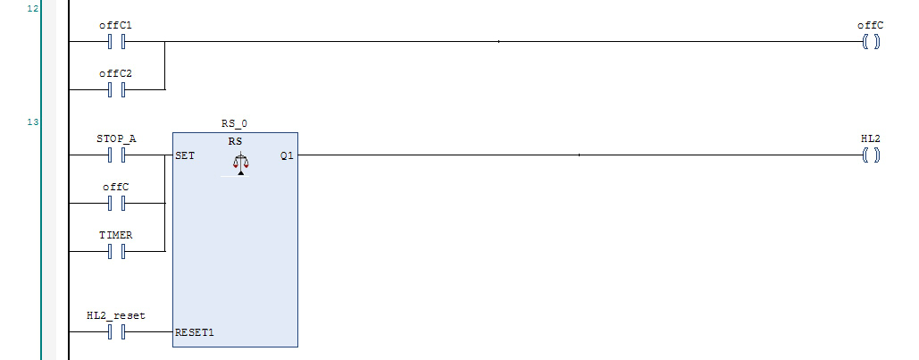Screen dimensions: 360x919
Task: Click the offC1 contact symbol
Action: [x=115, y=41]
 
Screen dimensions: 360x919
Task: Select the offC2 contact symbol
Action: [x=115, y=89]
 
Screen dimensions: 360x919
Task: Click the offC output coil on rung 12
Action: [x=871, y=41]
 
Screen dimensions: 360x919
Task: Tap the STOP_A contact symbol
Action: [x=115, y=155]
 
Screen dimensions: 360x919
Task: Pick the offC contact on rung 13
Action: [x=115, y=204]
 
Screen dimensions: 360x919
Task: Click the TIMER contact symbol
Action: [x=115, y=252]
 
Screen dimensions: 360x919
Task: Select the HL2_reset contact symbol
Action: [x=115, y=332]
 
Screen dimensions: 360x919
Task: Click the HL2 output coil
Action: [x=871, y=155]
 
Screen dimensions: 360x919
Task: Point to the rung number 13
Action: [x=33, y=121]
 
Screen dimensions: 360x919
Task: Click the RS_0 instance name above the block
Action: [x=235, y=122]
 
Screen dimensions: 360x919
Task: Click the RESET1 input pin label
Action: [x=195, y=332]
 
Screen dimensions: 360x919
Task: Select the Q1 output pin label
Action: [x=287, y=155]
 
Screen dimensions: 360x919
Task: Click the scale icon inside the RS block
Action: [x=238, y=164]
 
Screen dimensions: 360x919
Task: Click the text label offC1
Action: [x=115, y=25]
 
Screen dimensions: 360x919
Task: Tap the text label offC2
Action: [x=115, y=73]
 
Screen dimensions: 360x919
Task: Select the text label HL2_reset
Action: [x=115, y=315]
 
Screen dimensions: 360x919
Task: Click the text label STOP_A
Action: [x=115, y=139]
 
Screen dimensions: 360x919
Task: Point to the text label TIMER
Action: [x=115, y=235]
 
